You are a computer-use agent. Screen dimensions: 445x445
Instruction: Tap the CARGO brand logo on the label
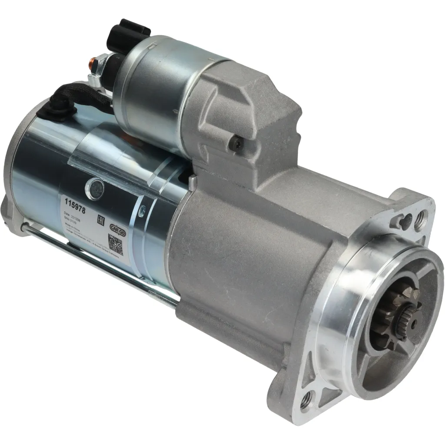tap(117, 227)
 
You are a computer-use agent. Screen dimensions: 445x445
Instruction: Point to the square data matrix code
tap(115, 245)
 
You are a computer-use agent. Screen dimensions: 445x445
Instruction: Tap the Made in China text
tap(73, 226)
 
